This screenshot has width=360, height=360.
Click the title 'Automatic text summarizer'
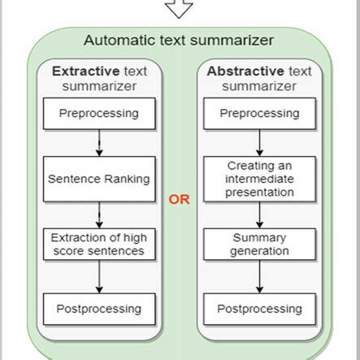tap(179, 40)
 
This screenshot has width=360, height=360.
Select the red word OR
tap(179, 198)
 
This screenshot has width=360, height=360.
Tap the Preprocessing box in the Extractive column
tap(99, 112)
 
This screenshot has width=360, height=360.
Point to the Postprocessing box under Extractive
tap(99, 309)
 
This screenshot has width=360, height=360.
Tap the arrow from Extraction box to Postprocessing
tap(99, 276)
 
